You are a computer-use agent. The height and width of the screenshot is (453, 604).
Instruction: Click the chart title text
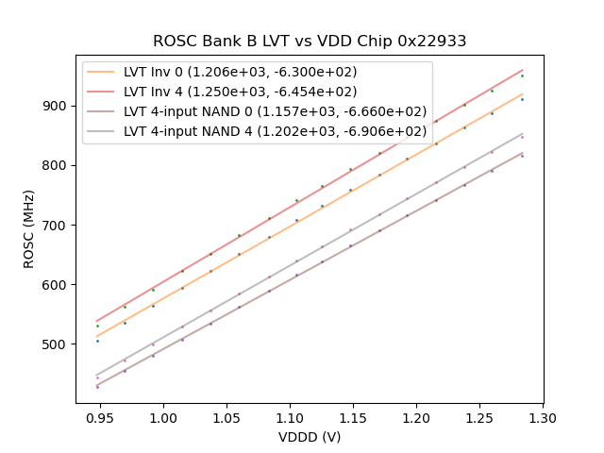point(310,42)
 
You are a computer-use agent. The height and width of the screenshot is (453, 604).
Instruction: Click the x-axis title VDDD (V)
point(310,437)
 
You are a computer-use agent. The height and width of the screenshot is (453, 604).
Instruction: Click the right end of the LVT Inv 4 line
point(523,69)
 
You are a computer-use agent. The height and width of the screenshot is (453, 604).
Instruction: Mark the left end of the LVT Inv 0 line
point(97,336)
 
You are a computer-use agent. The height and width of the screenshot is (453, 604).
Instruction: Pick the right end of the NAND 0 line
point(523,152)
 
